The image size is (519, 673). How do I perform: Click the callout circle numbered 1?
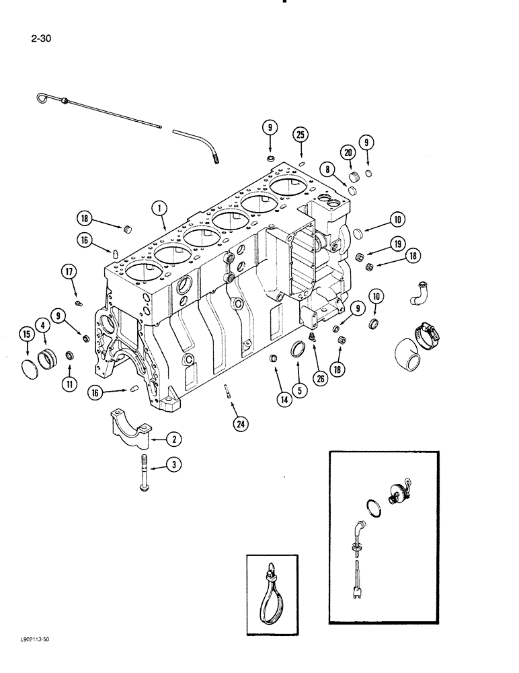click(x=159, y=209)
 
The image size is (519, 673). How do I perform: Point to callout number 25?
click(x=301, y=135)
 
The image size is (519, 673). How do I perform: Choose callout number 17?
click(x=71, y=272)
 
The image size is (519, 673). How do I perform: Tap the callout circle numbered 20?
click(x=348, y=154)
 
